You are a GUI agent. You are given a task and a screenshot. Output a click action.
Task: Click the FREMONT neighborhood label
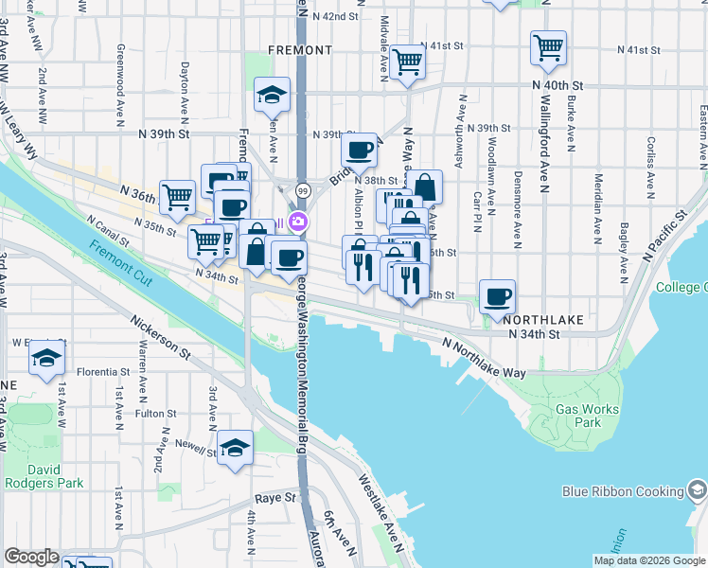pos(300,49)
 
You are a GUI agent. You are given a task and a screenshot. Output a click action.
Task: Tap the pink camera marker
pos(299,222)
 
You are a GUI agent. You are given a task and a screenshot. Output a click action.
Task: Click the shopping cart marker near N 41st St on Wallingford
pos(548,47)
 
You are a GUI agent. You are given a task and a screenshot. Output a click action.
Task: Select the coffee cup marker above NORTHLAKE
pos(497,296)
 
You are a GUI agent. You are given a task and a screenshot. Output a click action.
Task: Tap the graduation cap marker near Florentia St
pos(46,359)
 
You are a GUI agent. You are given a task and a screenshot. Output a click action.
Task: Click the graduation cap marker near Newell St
pos(235,448)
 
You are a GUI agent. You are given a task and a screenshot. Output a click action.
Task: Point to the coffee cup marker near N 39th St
pos(359,150)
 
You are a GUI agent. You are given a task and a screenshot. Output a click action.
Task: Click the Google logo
pos(32,557)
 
